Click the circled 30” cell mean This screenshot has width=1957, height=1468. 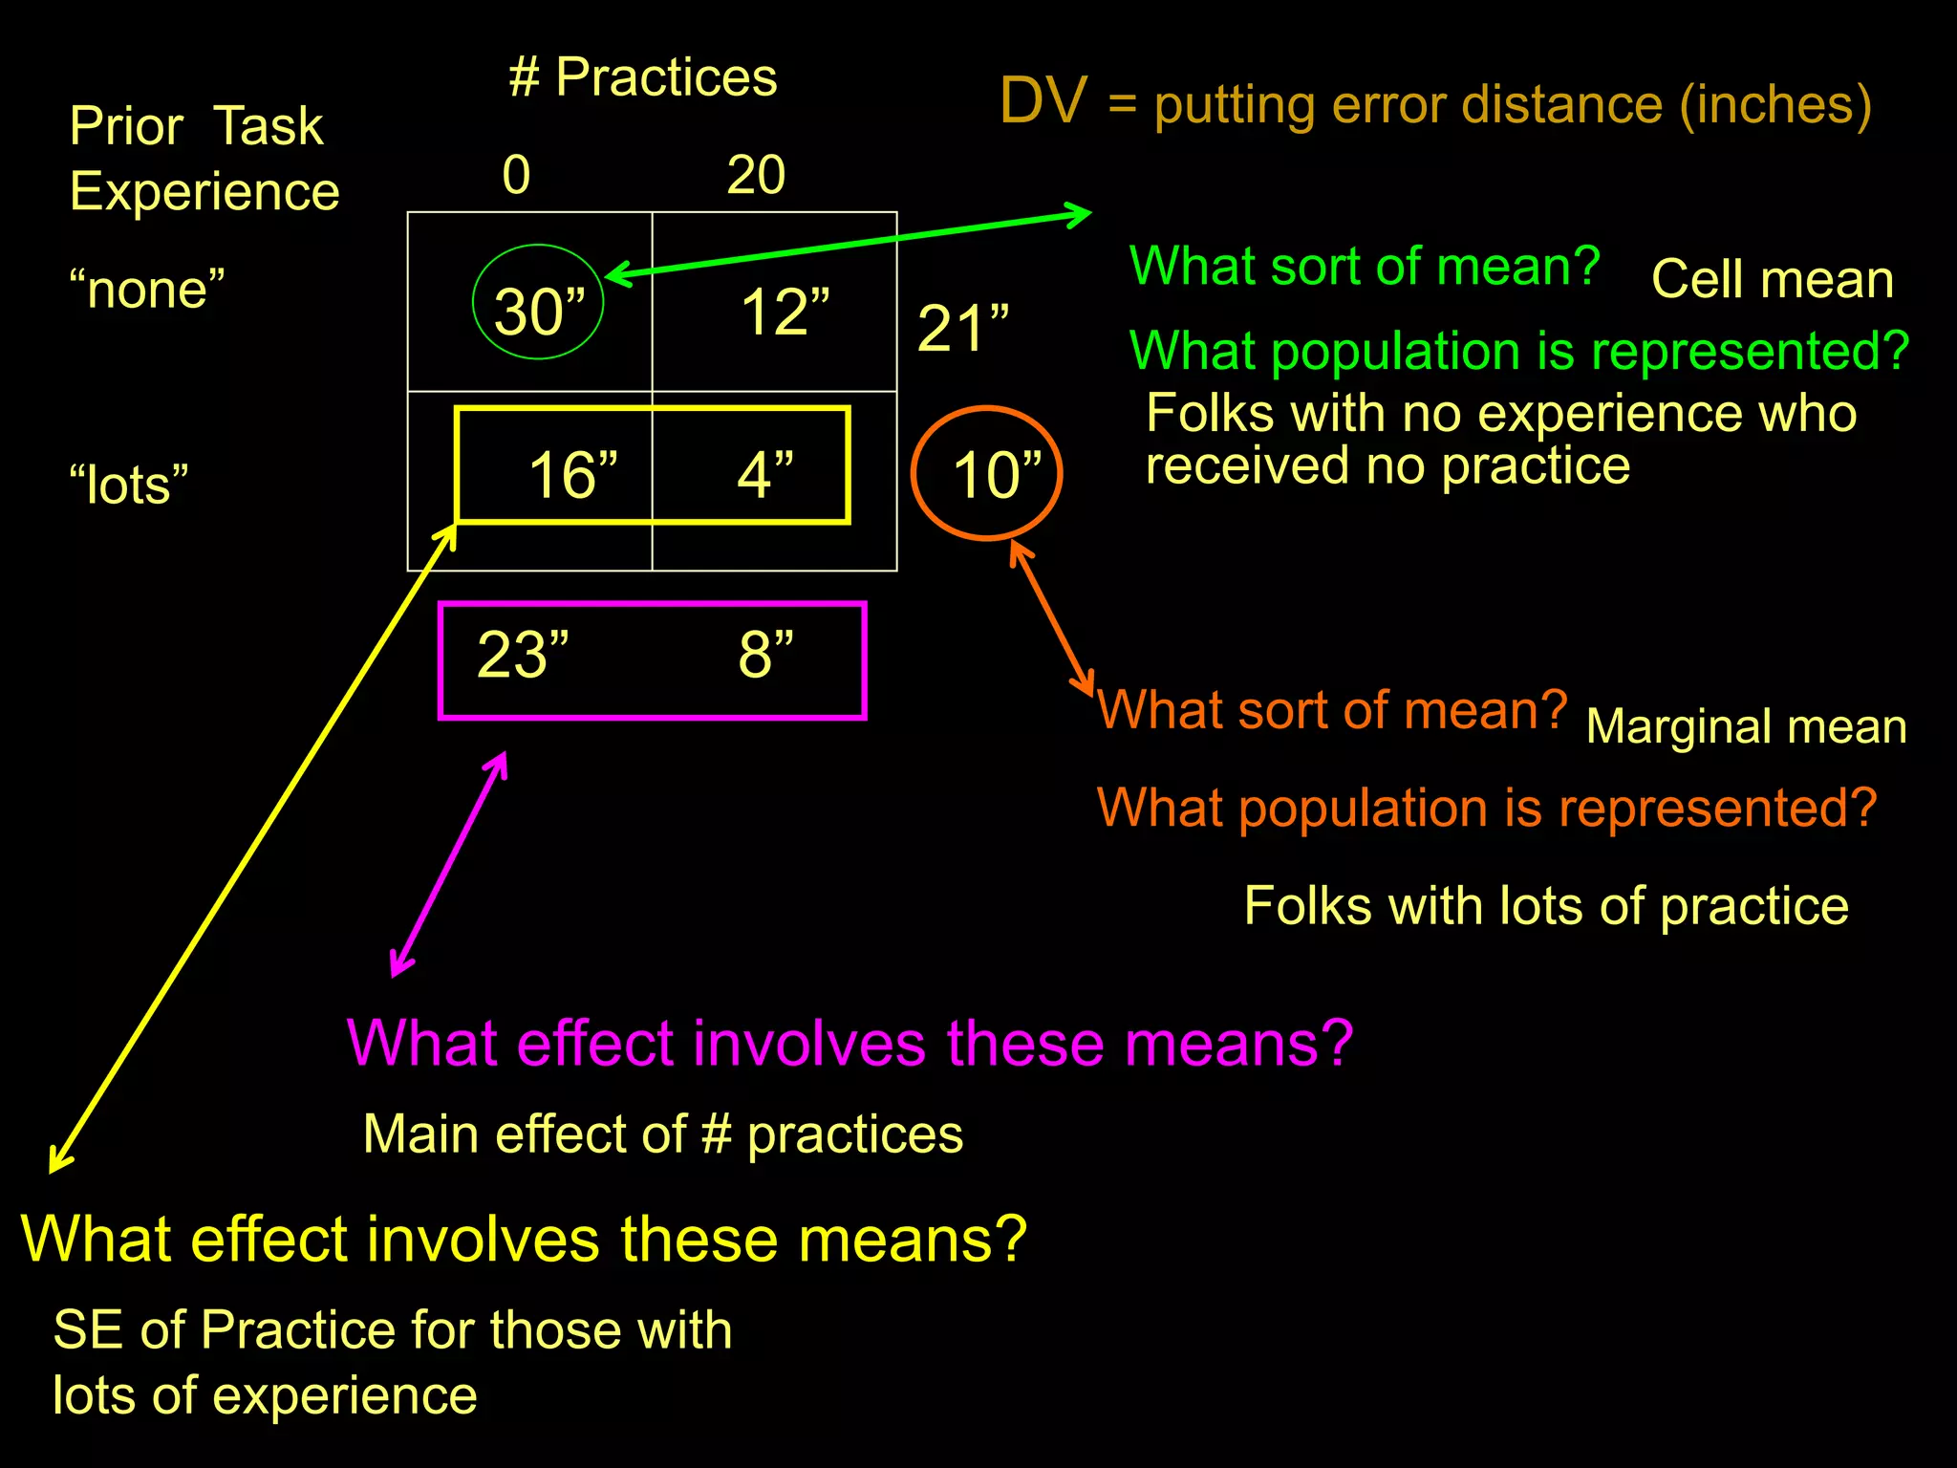point(538,311)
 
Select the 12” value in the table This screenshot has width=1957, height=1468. point(785,312)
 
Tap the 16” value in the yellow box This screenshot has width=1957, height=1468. point(572,474)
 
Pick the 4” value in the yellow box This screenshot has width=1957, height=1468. point(764,474)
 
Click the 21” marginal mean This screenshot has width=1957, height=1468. point(962,328)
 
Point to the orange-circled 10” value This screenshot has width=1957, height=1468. point(995,474)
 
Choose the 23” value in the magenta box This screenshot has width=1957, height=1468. point(523,655)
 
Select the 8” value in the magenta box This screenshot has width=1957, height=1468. point(764,655)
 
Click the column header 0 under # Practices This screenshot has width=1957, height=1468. point(516,175)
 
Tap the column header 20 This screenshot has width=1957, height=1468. point(756,175)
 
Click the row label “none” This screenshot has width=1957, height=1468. point(147,289)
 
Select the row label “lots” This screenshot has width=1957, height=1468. point(128,484)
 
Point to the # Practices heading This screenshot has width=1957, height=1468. point(642,76)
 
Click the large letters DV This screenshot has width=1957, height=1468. point(1043,100)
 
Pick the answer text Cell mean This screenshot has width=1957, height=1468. point(1772,280)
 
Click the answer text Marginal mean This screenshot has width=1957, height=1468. point(1746,726)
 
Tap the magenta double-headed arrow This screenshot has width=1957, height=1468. point(449,864)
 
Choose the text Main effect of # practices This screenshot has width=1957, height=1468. point(663,1134)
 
